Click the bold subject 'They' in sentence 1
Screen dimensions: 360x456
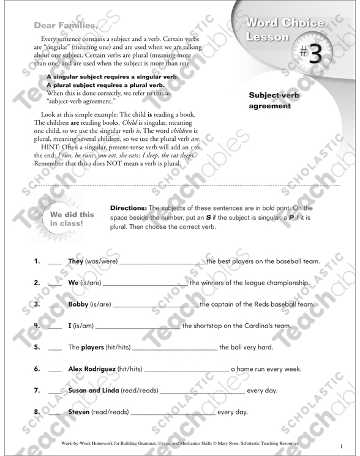77,263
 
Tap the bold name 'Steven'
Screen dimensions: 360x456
79,411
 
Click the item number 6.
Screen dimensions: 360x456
37,368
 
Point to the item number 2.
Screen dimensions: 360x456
37,283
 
